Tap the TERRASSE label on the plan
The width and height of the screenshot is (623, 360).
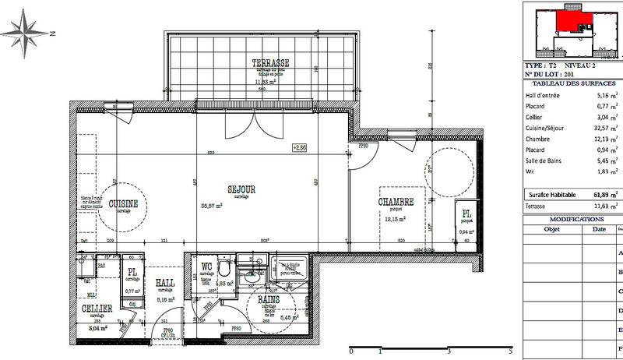click(270, 63)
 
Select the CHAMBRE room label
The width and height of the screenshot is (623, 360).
click(396, 202)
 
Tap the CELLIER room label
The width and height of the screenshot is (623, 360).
click(97, 309)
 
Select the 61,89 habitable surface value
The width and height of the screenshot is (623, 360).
click(599, 194)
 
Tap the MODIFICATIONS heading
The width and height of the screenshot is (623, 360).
click(572, 220)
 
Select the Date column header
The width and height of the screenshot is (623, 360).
click(598, 230)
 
